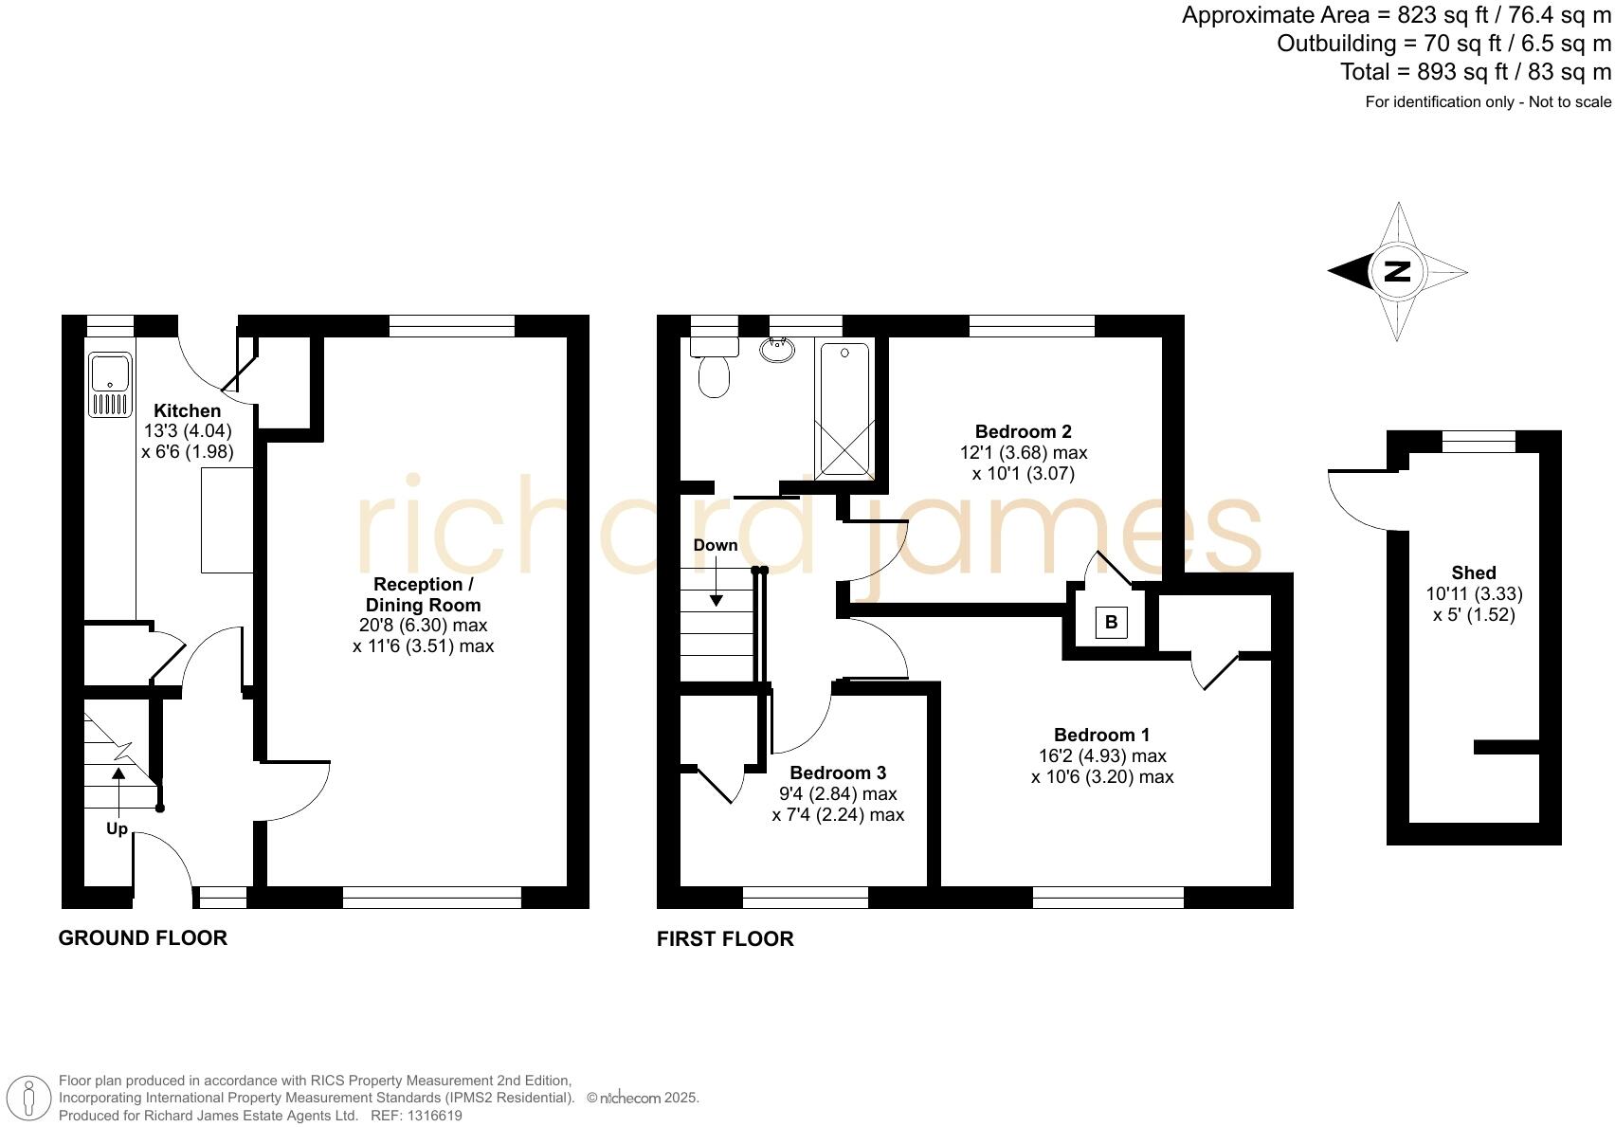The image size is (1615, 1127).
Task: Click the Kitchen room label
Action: coord(187,410)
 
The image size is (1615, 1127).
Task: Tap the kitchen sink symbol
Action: coord(109,384)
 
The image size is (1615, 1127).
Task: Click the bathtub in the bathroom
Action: coord(844,409)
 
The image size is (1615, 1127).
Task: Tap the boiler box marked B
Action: coord(1111,623)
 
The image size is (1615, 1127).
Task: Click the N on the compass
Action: coord(1397,272)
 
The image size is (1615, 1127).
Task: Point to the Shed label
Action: coord(1473,573)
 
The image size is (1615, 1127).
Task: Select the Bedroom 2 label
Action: coord(1023,432)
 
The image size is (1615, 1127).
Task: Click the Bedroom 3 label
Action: coord(838,773)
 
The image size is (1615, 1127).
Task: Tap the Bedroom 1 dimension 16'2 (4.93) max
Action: coord(1102,755)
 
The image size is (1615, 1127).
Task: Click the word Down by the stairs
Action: coord(715,545)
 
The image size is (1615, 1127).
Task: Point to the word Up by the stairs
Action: coord(117,828)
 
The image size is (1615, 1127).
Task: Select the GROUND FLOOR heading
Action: coord(143,937)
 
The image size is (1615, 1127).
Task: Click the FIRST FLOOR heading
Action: coord(725,938)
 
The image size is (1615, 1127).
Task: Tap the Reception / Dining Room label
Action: coord(423,594)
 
